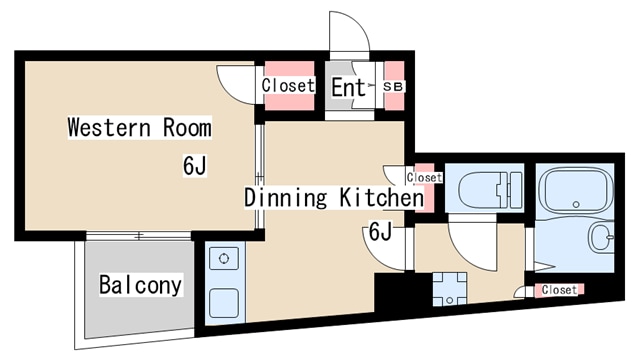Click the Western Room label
[x=140, y=127]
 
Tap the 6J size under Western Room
[x=195, y=166]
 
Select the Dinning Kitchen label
[x=333, y=198]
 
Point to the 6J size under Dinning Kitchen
[x=380, y=231]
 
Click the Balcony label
[x=140, y=284]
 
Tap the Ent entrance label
[x=348, y=87]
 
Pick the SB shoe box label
[x=393, y=87]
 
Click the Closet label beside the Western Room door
[x=288, y=86]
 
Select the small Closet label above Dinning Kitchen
[x=424, y=178]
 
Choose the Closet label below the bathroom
[x=559, y=290]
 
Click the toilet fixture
[x=490, y=189]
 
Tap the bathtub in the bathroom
[x=576, y=191]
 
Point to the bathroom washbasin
[x=601, y=238]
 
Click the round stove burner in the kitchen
[x=224, y=258]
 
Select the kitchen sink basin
[x=224, y=303]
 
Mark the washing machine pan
[x=450, y=289]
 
